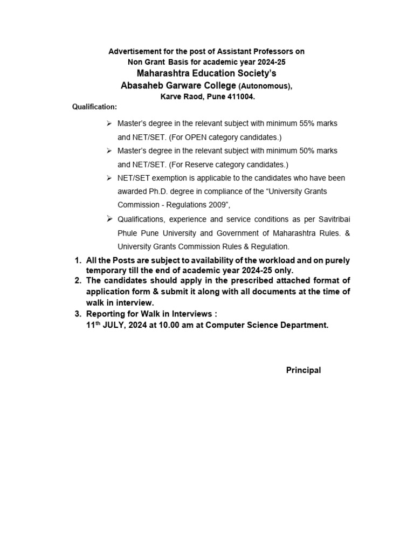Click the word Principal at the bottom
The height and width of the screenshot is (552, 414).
point(303,370)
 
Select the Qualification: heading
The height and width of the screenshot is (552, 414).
point(94,107)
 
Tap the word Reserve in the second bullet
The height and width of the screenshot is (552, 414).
point(198,164)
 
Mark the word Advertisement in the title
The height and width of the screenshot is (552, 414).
point(135,52)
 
